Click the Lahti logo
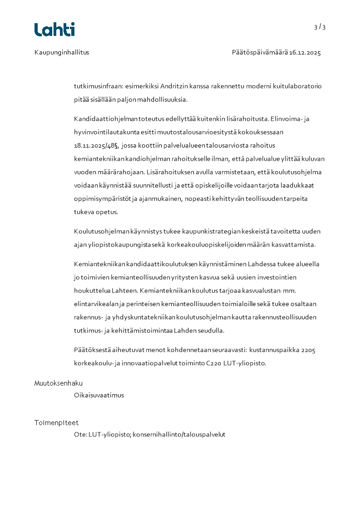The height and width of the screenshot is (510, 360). pyautogui.click(x=54, y=30)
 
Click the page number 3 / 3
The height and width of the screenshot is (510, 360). pyautogui.click(x=320, y=27)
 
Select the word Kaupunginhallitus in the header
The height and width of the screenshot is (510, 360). pyautogui.click(x=62, y=52)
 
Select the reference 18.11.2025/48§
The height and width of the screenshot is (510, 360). pyautogui.click(x=96, y=145)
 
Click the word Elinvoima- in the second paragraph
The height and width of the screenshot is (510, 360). pyautogui.click(x=285, y=119)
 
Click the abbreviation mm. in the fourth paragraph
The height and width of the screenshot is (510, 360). pyautogui.click(x=289, y=290)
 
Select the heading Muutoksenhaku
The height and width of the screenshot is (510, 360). pyautogui.click(x=59, y=383)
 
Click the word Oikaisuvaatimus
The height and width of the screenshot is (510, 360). pyautogui.click(x=99, y=395)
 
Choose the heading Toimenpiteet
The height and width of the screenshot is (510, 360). pyautogui.click(x=56, y=423)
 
